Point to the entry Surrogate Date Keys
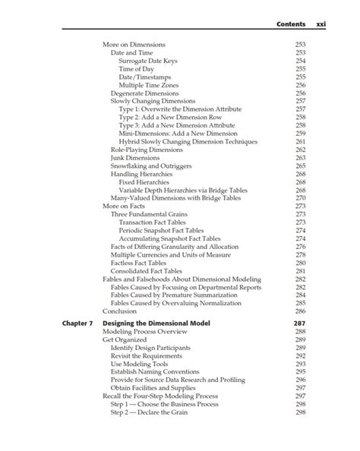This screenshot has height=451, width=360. pyautogui.click(x=149, y=61)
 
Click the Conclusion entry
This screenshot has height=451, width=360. pyautogui.click(x=119, y=311)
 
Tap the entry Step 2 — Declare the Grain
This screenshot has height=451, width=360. pyautogui.click(x=153, y=412)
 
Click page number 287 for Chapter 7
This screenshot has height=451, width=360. pyautogui.click(x=299, y=323)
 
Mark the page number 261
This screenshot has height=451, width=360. pyautogui.click(x=300, y=141)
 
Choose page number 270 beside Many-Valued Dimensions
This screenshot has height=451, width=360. pyautogui.click(x=300, y=198)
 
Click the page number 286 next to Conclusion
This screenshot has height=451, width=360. pyautogui.click(x=300, y=311)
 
